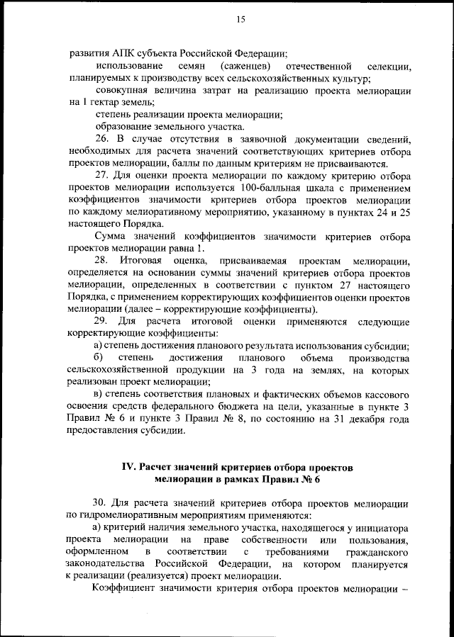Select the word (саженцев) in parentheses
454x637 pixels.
tap(245, 66)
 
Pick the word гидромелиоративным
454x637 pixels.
tap(125, 517)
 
